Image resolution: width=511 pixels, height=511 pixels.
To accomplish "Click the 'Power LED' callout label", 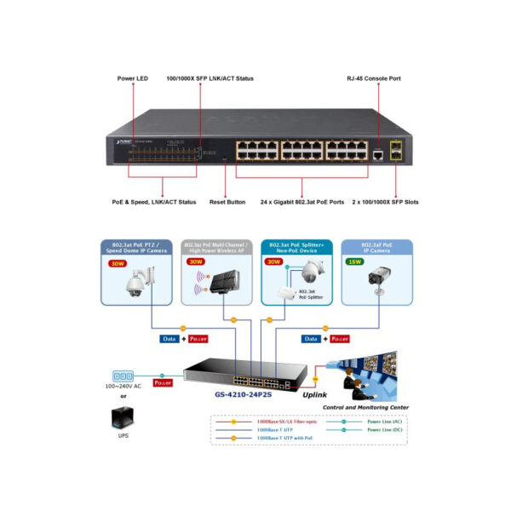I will (x=133, y=78).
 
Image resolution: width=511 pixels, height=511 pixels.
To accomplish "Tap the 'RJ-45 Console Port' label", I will (x=373, y=78).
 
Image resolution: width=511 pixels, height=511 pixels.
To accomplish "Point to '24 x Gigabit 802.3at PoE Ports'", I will (x=302, y=202).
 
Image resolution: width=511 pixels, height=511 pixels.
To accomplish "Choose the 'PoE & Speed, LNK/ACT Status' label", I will (x=154, y=202).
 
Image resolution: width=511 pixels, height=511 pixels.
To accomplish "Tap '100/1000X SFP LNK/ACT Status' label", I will (x=210, y=78).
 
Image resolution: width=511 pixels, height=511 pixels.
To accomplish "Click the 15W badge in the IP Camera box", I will (x=354, y=262).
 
